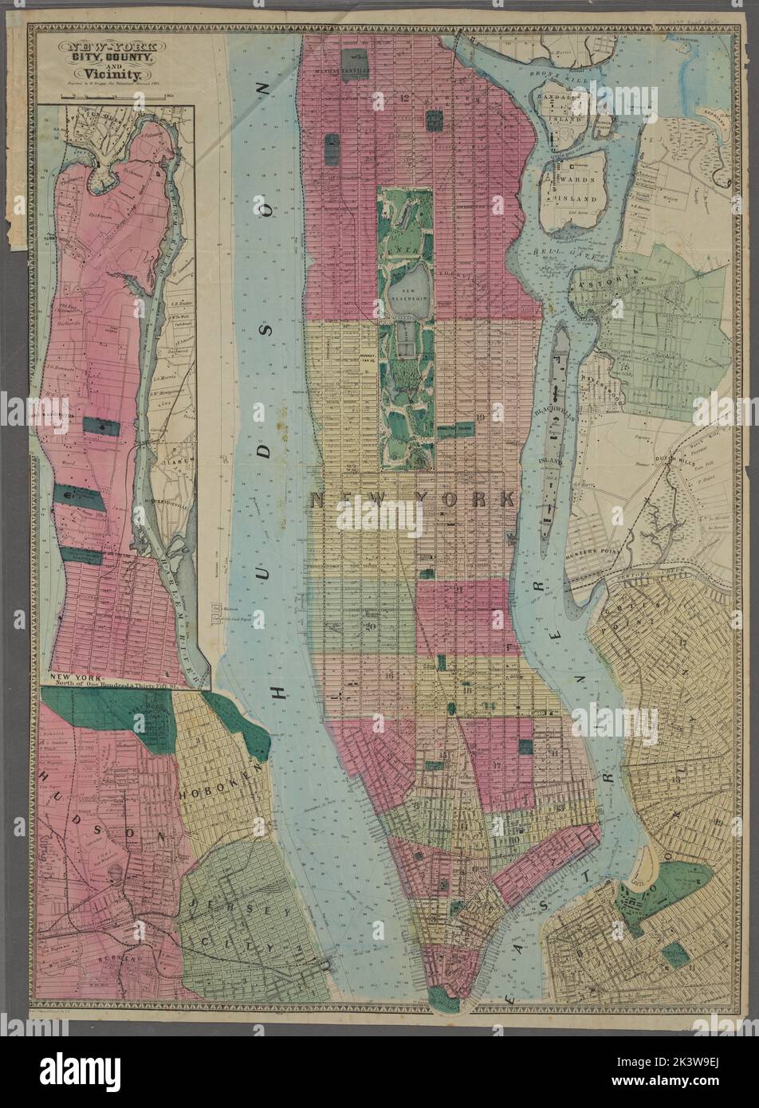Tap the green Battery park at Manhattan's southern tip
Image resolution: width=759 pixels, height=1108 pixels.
coord(439,997)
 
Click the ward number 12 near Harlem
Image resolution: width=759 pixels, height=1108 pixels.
coord(405,98)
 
